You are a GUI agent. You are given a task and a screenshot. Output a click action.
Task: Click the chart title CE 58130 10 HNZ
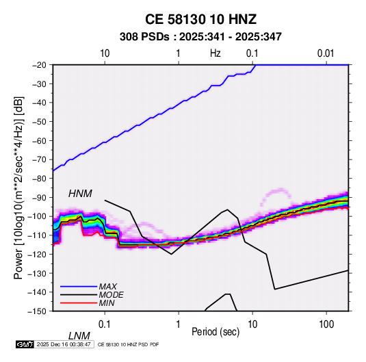pyautogui.click(x=200, y=19)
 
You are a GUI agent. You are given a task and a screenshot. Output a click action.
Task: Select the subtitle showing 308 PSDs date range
pyautogui.click(x=200, y=37)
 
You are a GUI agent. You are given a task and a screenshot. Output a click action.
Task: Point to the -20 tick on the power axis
pyautogui.click(x=39, y=65)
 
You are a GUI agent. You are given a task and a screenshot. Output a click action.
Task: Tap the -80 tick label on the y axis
pyautogui.click(x=39, y=179)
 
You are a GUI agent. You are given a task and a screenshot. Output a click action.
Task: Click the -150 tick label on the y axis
pyautogui.click(x=37, y=311)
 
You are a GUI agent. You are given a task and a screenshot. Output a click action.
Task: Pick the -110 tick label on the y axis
pyautogui.click(x=37, y=235)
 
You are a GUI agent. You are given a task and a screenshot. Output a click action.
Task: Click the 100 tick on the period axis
pyautogui.click(x=326, y=324)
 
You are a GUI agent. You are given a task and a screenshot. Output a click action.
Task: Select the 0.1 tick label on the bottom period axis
pyautogui.click(x=105, y=324)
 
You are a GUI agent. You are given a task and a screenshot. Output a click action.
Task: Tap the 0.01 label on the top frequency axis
pyautogui.click(x=326, y=53)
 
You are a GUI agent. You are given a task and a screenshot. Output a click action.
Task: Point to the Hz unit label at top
pyautogui.click(x=215, y=53)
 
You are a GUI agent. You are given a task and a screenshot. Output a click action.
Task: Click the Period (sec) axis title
pyautogui.click(x=215, y=332)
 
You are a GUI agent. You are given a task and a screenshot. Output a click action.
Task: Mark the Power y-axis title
pyautogui.click(x=18, y=188)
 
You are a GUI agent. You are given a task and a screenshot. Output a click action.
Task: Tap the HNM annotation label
pyautogui.click(x=80, y=194)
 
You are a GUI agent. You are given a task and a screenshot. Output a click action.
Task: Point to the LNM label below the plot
pyautogui.click(x=79, y=336)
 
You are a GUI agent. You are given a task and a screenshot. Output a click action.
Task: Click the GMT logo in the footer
pyautogui.click(x=25, y=344)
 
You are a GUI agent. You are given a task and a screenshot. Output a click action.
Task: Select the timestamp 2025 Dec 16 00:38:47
pyautogui.click(x=64, y=344)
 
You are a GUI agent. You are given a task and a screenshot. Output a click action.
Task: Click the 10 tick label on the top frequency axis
pyautogui.click(x=105, y=53)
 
